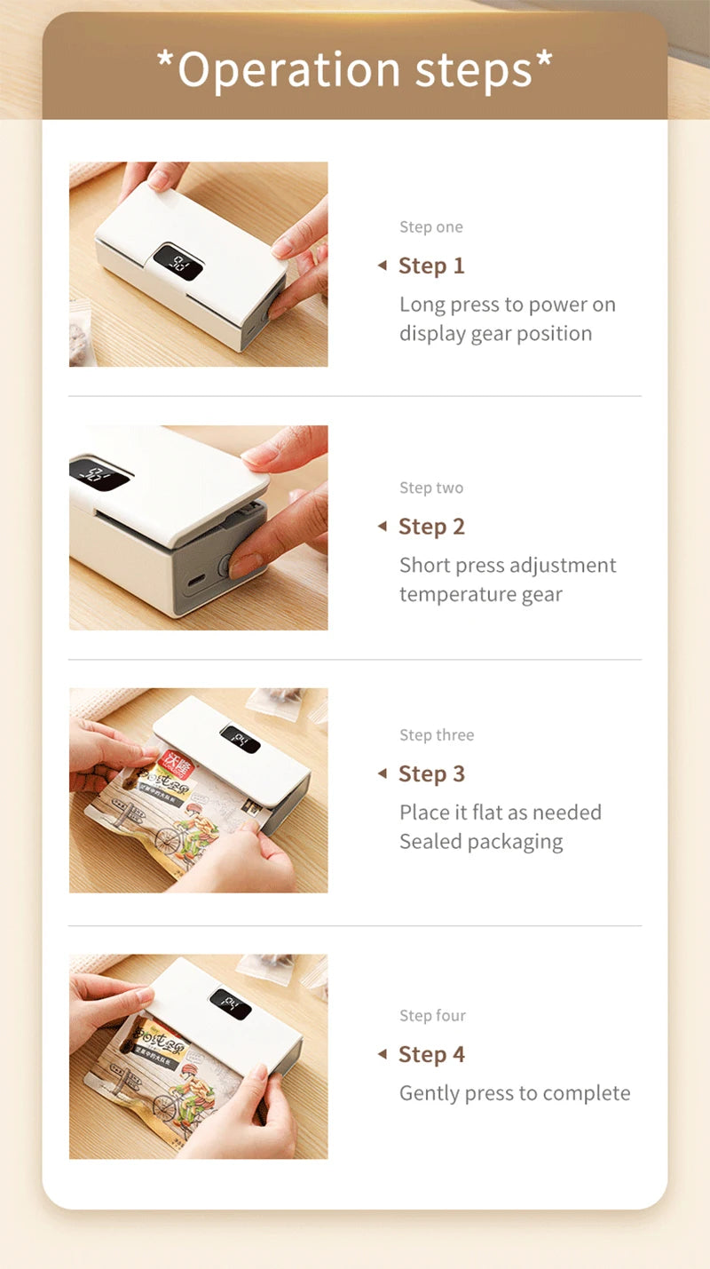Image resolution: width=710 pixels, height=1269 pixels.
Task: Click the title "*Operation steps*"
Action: (354, 69)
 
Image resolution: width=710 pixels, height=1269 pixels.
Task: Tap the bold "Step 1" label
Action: (431, 266)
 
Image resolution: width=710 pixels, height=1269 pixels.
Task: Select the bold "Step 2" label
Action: (431, 527)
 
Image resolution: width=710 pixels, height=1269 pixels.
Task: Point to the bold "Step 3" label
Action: (431, 773)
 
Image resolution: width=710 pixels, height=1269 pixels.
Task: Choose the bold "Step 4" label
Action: (431, 1054)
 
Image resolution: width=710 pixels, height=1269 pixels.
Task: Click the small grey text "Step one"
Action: (430, 227)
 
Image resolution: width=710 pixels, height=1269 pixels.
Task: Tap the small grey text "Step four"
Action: (432, 1016)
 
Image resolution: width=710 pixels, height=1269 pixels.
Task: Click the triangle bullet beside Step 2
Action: (383, 527)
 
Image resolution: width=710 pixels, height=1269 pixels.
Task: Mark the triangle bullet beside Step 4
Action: (383, 1054)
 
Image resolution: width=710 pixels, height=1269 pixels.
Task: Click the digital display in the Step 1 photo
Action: (178, 262)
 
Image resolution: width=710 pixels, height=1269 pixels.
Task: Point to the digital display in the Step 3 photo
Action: (240, 739)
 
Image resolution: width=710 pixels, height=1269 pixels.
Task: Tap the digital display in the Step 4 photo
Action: (231, 1004)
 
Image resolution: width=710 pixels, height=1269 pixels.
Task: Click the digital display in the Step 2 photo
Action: (99, 474)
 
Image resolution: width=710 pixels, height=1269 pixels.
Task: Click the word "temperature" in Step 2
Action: (444, 595)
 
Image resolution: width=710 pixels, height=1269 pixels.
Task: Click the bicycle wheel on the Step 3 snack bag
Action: (169, 839)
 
